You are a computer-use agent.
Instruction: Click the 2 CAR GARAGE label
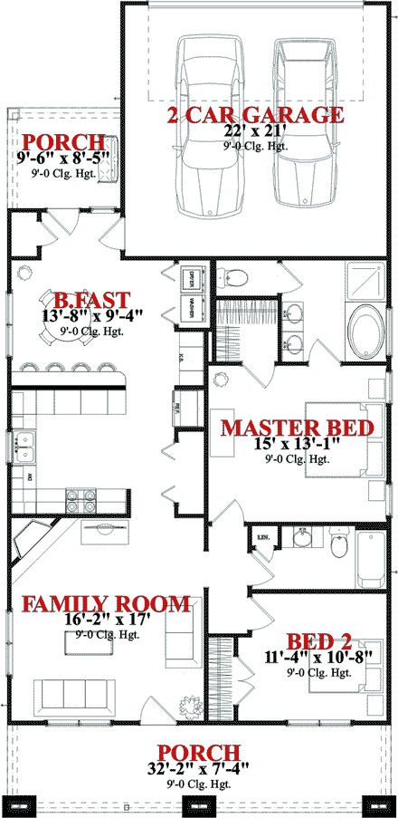point(254,115)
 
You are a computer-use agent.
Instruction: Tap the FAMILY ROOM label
point(106,604)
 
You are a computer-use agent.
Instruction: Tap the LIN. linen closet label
point(265,537)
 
